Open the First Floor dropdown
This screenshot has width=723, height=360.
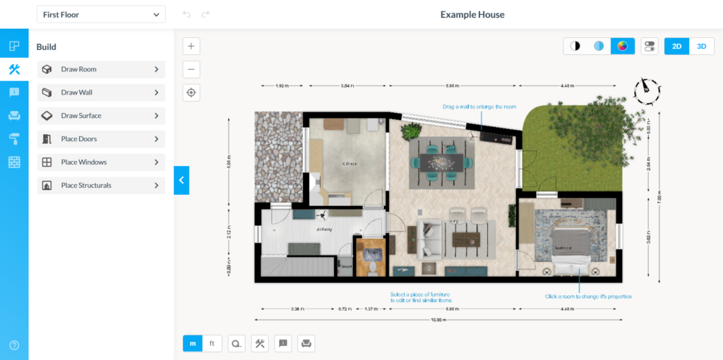click(x=101, y=14)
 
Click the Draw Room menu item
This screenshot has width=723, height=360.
click(x=101, y=69)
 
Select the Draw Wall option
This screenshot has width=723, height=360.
click(x=101, y=92)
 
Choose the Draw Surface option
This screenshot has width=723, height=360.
click(x=101, y=116)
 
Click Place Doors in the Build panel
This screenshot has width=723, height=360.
click(x=101, y=139)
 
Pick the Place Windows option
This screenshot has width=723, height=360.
click(x=101, y=162)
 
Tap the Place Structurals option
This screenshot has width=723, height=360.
click(x=101, y=186)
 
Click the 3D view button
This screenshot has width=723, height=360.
click(x=701, y=47)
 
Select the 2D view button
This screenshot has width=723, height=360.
click(x=676, y=47)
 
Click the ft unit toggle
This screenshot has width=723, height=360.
click(x=212, y=344)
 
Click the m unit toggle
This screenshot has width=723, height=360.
click(x=193, y=344)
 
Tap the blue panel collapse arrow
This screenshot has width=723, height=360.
click(x=181, y=180)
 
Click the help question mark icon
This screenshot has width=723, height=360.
click(x=14, y=345)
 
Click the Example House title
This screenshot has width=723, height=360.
click(x=472, y=14)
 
